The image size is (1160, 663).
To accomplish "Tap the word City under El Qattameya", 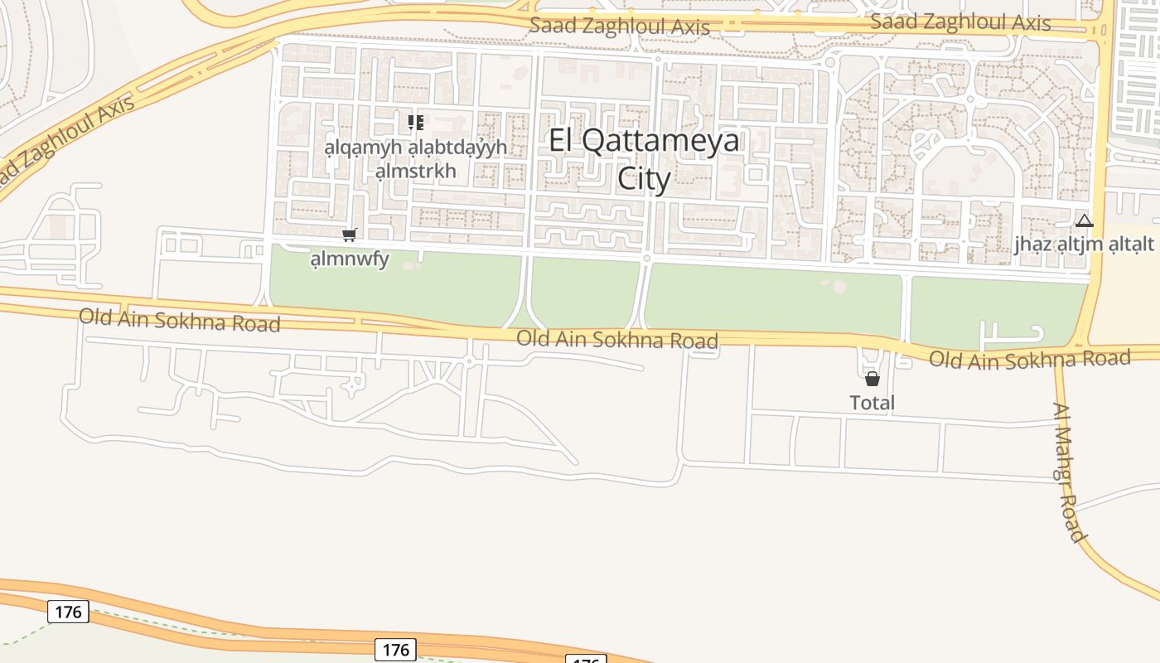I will pos(644,178).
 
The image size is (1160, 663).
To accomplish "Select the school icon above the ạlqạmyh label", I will pos(416,123).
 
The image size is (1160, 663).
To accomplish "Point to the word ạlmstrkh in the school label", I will pos(416,171).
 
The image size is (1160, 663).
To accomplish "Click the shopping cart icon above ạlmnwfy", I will pos(350,235).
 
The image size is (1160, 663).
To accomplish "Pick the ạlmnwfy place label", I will pos(350,259).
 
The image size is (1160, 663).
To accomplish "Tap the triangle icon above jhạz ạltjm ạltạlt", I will pos(1085,221).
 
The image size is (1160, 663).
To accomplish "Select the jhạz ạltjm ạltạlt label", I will pos(1085,244).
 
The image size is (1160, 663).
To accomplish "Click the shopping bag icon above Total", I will pos(872,380).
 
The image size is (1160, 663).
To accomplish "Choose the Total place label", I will pos(872,403).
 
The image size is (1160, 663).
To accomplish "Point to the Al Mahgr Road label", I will pos(1069,472).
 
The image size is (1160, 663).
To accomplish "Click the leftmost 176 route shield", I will pos(68,612).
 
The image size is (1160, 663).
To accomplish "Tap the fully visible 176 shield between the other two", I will pos(395,649).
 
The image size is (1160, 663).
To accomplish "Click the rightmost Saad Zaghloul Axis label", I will pos(960,22).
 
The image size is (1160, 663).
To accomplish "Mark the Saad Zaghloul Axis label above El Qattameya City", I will pos(620,26).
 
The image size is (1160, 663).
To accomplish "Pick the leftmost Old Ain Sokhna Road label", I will pos(180,320).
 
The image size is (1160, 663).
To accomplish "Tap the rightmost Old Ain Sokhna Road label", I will pos(1029,359).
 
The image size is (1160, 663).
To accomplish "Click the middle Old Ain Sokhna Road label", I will pos(617,339).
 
